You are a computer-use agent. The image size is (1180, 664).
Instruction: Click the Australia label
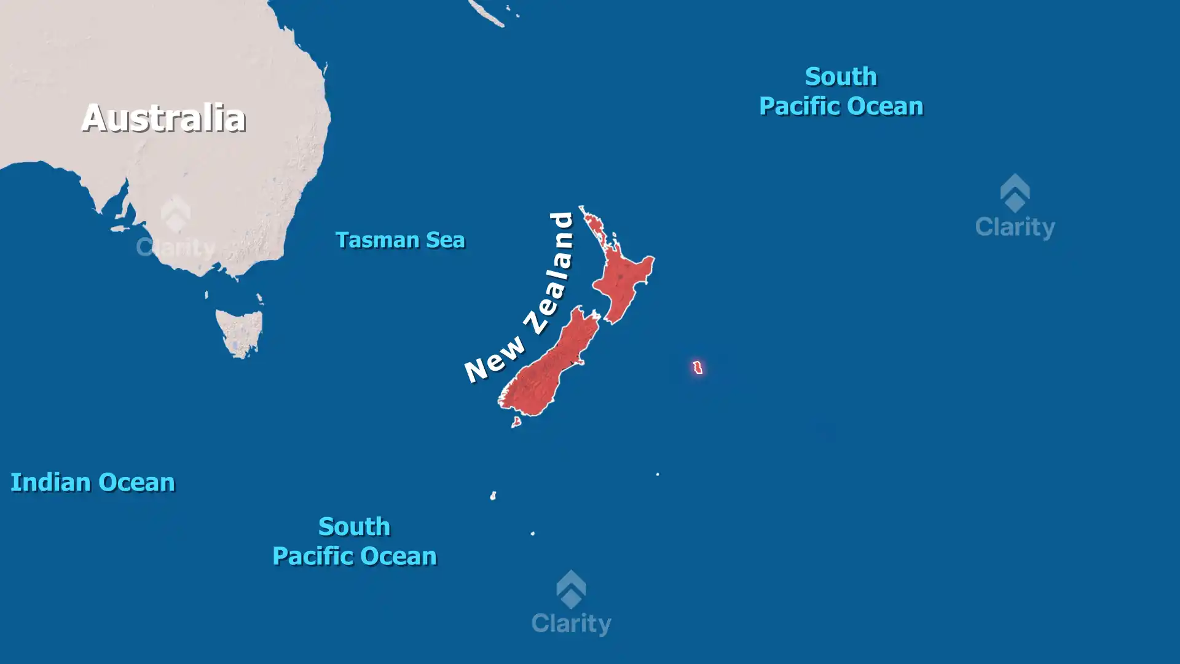pos(163,117)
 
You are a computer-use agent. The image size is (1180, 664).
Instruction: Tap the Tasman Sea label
pos(400,240)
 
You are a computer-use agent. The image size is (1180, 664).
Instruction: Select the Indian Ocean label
pos(93,483)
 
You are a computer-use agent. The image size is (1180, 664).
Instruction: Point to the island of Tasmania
pos(240,332)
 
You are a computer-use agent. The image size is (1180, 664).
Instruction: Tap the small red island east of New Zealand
pos(698,368)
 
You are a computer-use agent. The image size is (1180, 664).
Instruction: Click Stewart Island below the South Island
pos(516,422)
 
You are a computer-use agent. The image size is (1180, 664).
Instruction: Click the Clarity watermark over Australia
pos(176,227)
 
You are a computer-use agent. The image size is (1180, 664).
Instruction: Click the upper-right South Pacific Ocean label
pos(841,91)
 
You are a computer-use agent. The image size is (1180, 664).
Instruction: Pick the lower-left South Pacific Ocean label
pos(355,541)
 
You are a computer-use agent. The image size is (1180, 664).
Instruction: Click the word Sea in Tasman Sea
pos(446,240)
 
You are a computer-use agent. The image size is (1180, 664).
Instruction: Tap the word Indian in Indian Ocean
pos(50,483)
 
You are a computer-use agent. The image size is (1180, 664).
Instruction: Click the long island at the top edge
pos(487,14)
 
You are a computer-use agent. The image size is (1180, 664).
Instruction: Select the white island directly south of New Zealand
pos(493,496)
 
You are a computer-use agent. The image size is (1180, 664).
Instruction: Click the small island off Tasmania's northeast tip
pos(260,299)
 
